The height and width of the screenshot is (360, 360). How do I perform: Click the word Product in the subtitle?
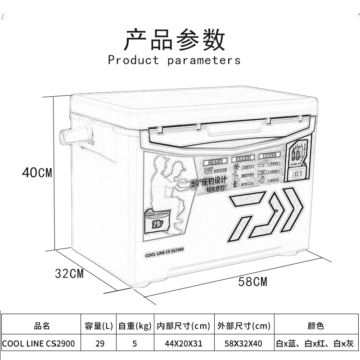pos(134,60)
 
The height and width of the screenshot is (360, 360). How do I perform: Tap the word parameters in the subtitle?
pos(204,60)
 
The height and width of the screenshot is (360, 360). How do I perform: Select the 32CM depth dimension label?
pos(68,273)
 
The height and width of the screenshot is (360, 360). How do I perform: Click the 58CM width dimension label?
pos(252,282)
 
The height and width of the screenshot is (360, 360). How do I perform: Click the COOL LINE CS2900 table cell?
pos(39,343)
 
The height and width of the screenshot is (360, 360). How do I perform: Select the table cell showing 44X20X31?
pos(184,343)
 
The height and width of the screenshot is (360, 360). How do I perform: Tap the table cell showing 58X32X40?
pos(243,343)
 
